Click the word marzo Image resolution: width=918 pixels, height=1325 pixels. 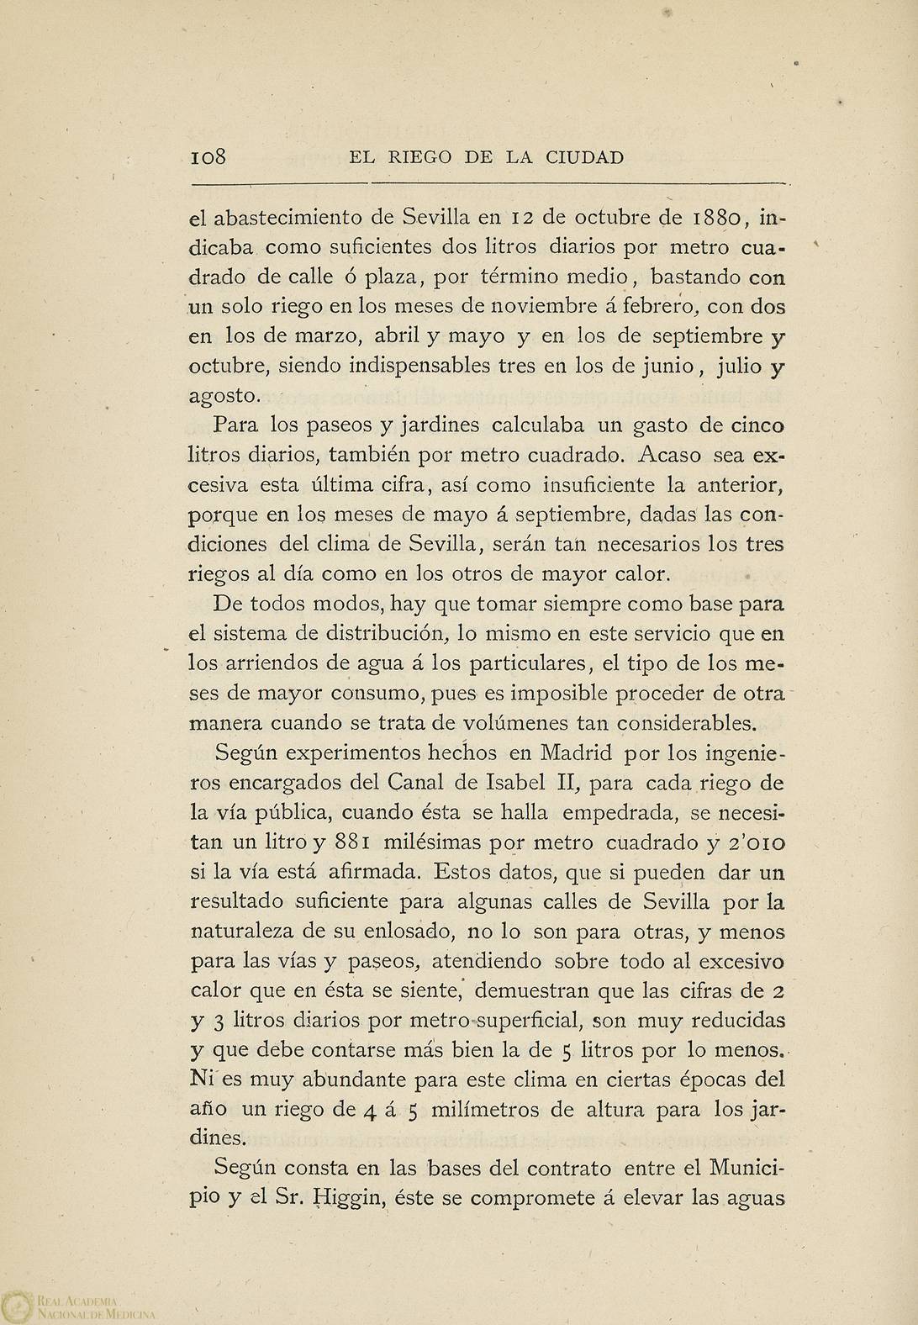[306, 335]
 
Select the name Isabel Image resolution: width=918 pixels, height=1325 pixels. [515, 783]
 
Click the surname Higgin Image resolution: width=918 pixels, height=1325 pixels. [347, 1199]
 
